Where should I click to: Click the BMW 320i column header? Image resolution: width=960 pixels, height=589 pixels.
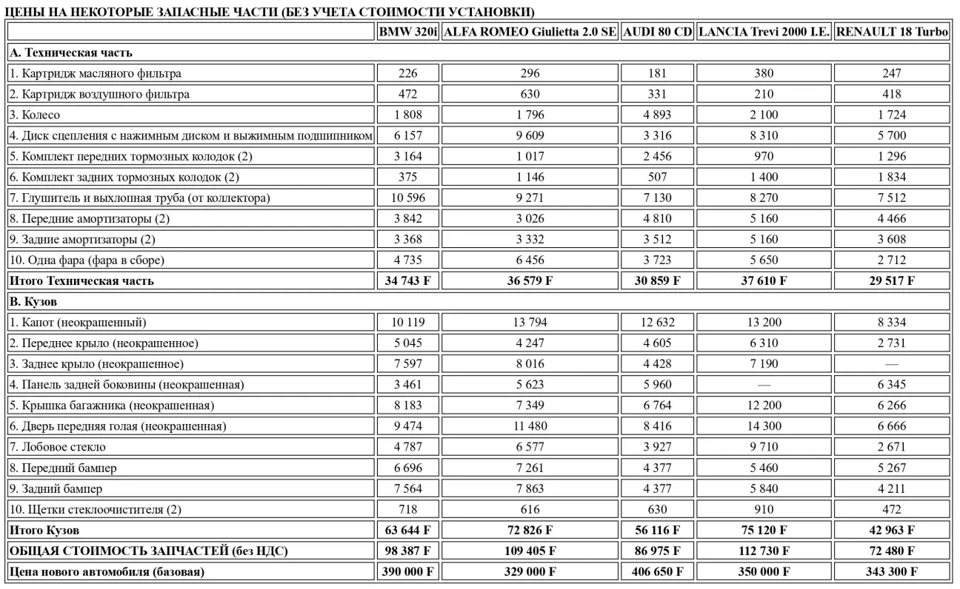point(407,33)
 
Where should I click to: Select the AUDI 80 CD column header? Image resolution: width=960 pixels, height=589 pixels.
point(657,33)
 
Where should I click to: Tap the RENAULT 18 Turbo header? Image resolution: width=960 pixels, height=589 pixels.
point(892,33)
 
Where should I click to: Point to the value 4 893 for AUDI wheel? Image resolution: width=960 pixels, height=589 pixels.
point(657,115)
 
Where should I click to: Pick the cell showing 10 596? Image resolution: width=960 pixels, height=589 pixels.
point(407,198)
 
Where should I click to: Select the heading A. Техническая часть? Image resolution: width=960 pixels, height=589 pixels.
point(70,53)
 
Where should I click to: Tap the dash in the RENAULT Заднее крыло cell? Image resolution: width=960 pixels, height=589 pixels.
point(892,364)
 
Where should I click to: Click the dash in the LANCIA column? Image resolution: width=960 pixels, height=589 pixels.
point(764,385)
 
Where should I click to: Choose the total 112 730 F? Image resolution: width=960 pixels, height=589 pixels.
point(764,551)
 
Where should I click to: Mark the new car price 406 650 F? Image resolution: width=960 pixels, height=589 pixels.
point(657,571)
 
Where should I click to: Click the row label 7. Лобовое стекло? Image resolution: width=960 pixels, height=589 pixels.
point(57,447)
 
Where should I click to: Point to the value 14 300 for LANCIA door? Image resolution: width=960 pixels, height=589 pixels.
point(764,426)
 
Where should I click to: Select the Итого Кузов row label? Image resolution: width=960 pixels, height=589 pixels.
point(44,530)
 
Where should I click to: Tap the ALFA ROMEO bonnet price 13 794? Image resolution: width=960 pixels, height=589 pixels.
point(530,323)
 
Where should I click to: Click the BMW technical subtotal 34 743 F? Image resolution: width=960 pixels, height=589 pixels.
point(407,281)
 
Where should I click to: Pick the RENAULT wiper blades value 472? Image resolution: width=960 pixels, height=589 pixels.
point(892,509)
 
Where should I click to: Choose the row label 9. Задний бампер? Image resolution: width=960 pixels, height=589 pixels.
point(56,488)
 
